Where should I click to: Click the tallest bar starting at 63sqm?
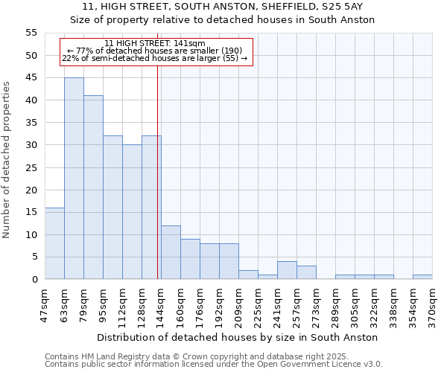pyautogui.click(x=74, y=179)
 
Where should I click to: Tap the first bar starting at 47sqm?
pyautogui.click(x=54, y=243)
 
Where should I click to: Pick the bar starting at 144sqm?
pyautogui.click(x=171, y=252)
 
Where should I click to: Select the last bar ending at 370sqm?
pyautogui.click(x=422, y=277)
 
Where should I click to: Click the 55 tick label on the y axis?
pyautogui.click(x=31, y=33)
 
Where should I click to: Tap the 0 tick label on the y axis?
pyautogui.click(x=34, y=280)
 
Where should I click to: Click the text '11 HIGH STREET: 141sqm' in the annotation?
pyautogui.click(x=155, y=44)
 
